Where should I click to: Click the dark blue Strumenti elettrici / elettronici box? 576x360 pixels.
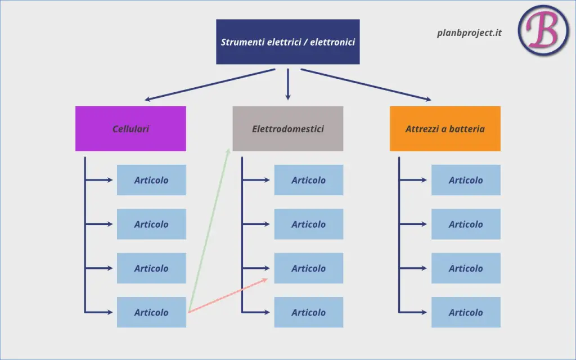(287, 42)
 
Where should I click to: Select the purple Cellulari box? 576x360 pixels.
(130, 129)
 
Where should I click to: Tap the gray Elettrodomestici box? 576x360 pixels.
(287, 129)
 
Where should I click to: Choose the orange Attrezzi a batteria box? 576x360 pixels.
(445, 129)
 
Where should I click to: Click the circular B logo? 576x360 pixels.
(543, 30)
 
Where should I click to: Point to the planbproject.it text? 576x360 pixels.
(469, 33)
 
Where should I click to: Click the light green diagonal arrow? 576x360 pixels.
(209, 230)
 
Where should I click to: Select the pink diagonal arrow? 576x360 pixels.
(228, 296)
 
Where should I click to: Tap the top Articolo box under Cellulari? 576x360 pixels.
(151, 180)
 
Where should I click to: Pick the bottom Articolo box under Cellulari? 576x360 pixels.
(151, 312)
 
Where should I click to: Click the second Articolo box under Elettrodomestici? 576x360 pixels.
(309, 224)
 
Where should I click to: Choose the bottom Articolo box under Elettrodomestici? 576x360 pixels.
(309, 312)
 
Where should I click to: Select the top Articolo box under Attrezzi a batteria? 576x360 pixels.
(466, 180)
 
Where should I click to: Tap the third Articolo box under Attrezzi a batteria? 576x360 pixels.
(466, 268)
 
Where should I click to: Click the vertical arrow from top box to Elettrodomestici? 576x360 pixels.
(287, 84)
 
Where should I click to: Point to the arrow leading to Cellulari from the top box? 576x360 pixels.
(210, 84)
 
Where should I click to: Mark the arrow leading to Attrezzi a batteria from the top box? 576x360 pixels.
(366, 84)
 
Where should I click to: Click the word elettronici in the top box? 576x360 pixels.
(332, 42)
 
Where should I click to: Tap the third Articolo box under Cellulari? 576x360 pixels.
(151, 268)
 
